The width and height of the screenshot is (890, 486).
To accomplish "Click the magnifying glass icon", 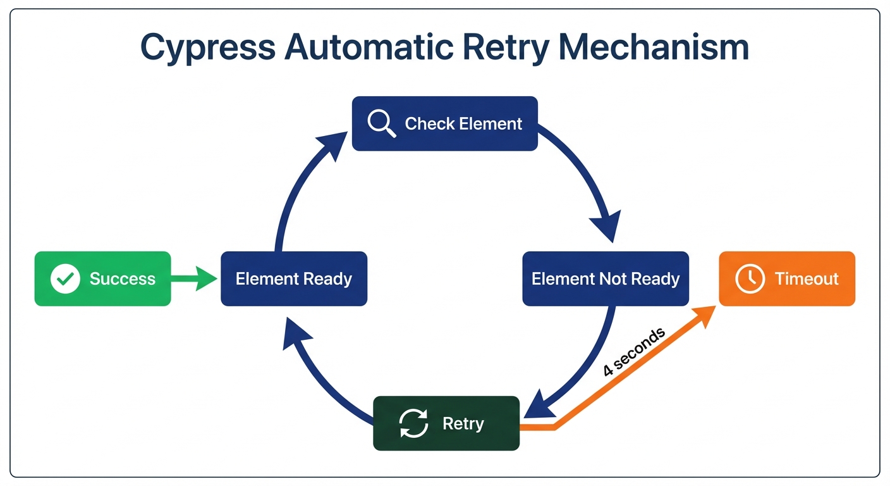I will (x=381, y=123).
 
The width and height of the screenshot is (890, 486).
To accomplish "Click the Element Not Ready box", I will (x=605, y=278).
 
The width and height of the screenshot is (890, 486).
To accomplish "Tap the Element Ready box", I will (x=293, y=278).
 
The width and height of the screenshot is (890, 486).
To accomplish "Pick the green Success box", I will (x=102, y=278).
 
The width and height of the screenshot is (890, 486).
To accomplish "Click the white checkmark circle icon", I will (x=65, y=278).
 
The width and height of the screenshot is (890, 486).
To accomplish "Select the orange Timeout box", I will (x=786, y=278).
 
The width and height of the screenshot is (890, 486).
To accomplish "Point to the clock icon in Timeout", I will (x=750, y=278).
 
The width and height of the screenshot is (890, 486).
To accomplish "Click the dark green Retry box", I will (x=446, y=423).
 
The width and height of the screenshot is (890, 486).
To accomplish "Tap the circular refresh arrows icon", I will (x=414, y=423).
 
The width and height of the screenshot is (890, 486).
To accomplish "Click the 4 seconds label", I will (x=633, y=352).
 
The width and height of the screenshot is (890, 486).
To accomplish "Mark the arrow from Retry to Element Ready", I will (x=316, y=373).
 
